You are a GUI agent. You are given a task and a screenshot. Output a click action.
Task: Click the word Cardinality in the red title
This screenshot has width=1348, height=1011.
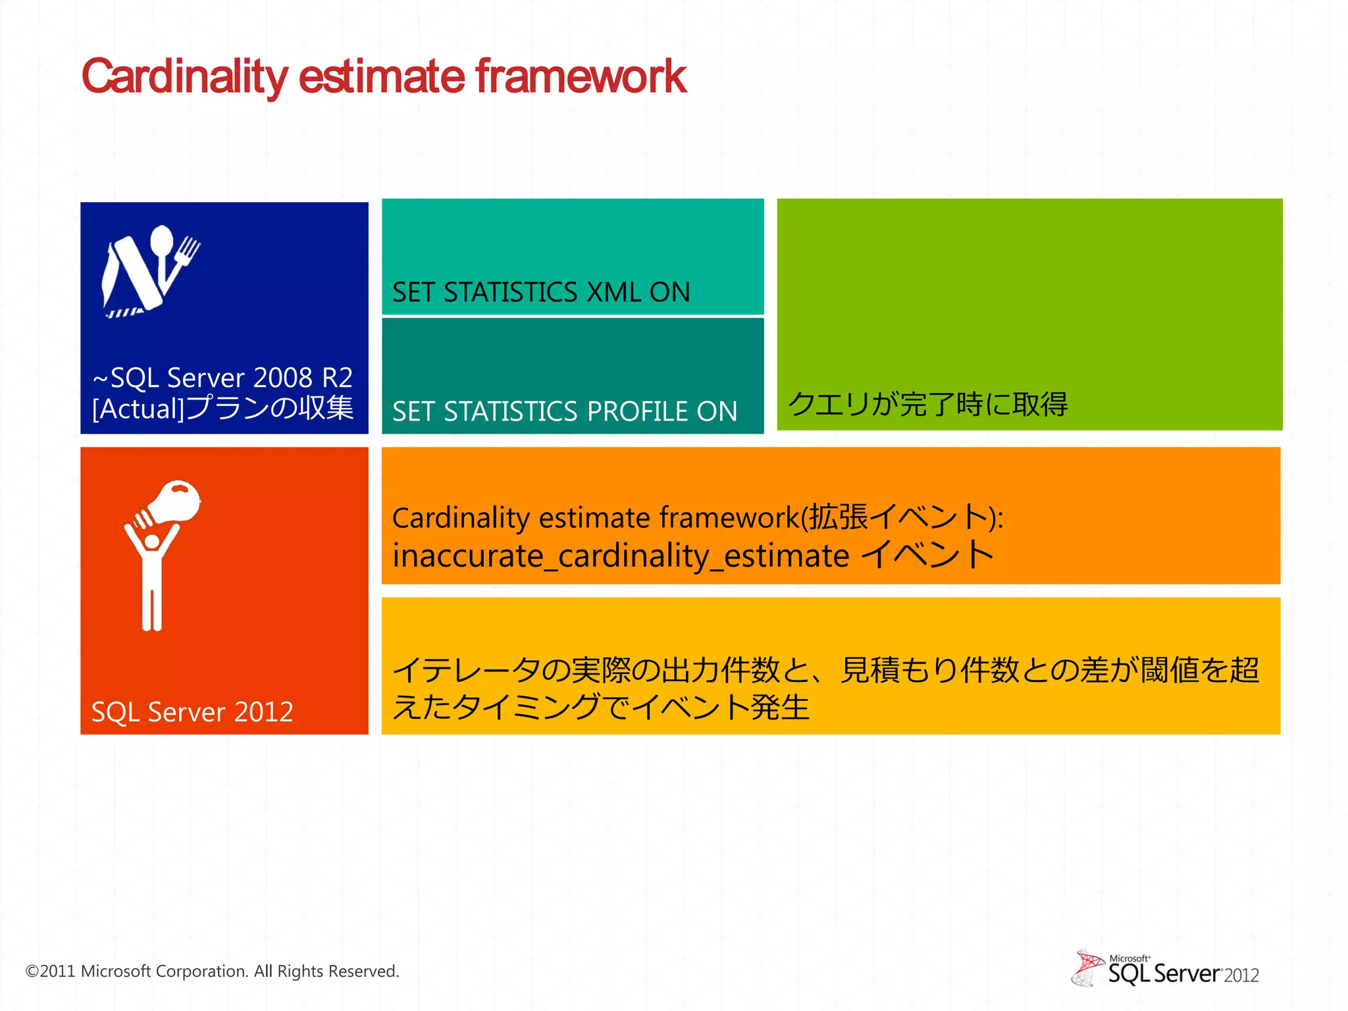click(184, 77)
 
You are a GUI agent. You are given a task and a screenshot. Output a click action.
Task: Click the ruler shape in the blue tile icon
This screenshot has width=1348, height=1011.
click(132, 276)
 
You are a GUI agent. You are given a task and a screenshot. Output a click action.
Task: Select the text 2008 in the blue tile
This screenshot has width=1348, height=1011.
click(282, 378)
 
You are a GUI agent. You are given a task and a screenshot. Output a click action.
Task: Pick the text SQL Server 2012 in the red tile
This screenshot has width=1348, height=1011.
click(192, 712)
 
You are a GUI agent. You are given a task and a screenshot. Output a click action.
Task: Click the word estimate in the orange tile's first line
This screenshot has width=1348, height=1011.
click(595, 518)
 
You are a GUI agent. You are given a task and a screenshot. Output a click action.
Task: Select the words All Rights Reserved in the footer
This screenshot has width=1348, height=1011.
click(326, 972)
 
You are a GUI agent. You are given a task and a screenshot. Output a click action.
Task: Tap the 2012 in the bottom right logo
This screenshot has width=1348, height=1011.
click(1241, 975)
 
